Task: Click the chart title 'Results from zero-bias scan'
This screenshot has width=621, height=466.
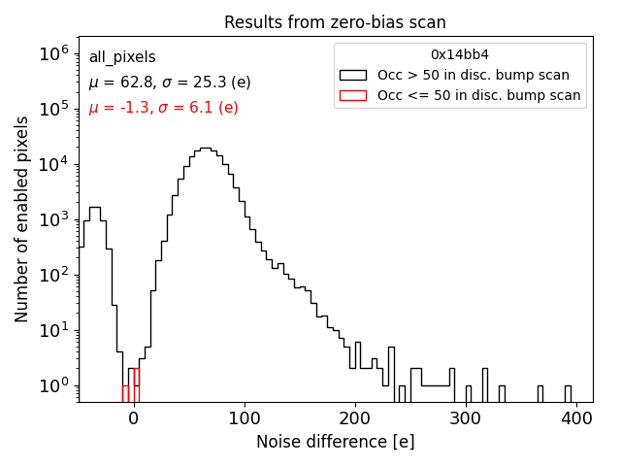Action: coord(335,22)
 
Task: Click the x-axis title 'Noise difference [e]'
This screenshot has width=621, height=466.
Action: coord(335,442)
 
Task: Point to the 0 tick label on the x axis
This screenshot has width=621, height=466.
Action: coord(133,419)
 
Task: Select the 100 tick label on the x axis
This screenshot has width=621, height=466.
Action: coord(245,419)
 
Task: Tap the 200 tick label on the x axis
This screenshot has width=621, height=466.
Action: coord(355,419)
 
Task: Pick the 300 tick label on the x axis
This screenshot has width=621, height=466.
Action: coord(467,419)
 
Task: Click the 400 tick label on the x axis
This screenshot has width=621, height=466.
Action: coord(577,419)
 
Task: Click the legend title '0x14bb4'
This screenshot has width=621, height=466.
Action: coord(459,55)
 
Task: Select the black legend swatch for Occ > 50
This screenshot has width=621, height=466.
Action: coord(352,75)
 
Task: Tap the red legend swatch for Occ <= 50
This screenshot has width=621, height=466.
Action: coord(352,95)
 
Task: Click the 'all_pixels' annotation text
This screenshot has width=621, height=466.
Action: coord(122,58)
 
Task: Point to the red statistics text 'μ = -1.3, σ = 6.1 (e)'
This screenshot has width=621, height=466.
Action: coord(163,108)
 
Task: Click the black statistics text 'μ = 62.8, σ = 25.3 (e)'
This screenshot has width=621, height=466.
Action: coord(170,83)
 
